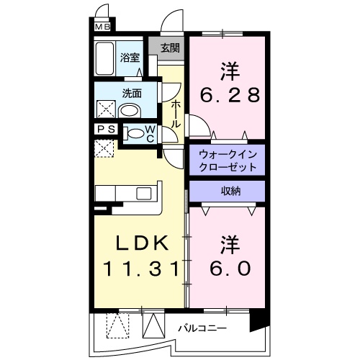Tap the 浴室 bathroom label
tap(130, 58)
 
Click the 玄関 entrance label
tap(169, 49)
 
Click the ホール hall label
tap(175, 113)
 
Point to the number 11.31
tap(138, 269)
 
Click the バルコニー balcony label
tap(202, 328)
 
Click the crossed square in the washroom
tap(106, 109)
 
